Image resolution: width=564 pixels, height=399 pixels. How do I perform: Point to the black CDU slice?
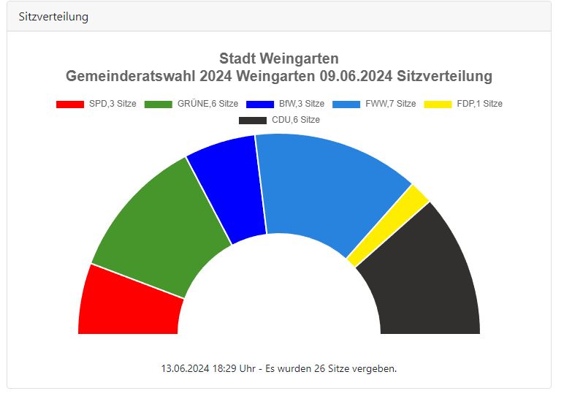coord(427,281)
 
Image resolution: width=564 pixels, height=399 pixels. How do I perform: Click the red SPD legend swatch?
coord(70,104)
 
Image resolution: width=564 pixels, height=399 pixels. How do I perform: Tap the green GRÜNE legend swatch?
coord(159,104)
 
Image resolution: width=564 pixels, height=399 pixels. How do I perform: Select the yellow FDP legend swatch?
coord(438,104)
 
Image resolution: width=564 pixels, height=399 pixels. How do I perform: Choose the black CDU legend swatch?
coord(253,120)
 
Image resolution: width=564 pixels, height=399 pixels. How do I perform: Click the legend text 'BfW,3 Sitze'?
coord(302,104)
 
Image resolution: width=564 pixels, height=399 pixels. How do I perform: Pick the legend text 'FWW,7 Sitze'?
coord(390,104)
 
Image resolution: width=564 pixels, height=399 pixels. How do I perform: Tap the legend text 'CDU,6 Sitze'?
coord(295,120)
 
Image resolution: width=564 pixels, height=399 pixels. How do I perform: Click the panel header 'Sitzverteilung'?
coord(53,16)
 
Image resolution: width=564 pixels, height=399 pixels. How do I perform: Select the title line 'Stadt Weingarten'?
coord(279,58)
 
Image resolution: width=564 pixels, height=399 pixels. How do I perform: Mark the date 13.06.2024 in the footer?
coord(186,368)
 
